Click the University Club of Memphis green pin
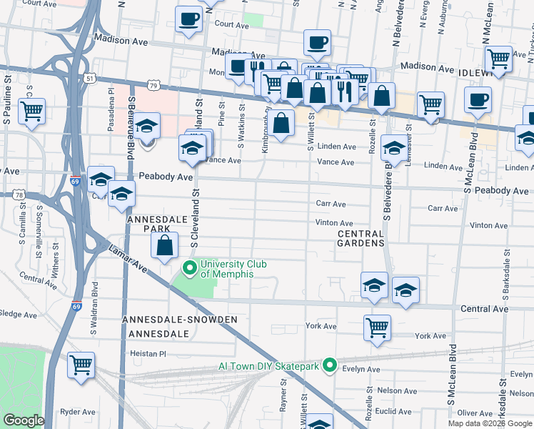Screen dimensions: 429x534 (x=190, y=269)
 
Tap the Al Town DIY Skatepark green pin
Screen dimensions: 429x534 (x=329, y=365)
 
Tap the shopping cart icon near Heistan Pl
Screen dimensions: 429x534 (x=81, y=365)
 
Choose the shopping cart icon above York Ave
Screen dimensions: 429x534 (x=377, y=328)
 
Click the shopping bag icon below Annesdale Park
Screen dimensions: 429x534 (x=165, y=246)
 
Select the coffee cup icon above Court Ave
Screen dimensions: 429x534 (x=189, y=19)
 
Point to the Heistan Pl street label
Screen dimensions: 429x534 (x=148, y=354)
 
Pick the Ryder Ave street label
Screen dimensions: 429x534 (x=78, y=412)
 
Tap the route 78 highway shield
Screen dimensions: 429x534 (x=19, y=194)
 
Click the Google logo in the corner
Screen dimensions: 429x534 (x=24, y=420)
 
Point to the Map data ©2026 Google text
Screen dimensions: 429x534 (x=490, y=423)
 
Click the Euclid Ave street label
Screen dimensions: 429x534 (x=394, y=411)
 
